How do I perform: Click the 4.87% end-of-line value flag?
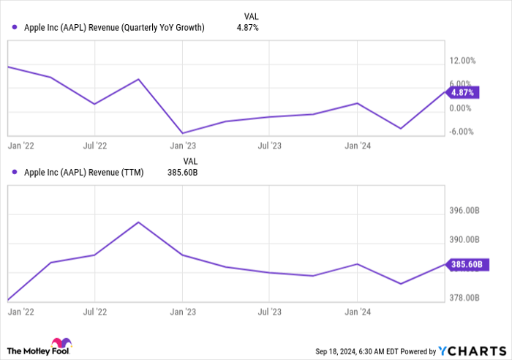click(463, 93)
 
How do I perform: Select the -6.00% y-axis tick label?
click(465, 132)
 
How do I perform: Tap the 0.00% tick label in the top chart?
click(465, 108)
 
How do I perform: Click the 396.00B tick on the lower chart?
click(466, 211)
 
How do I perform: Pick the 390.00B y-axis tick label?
click(466, 240)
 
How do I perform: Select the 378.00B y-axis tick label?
click(466, 298)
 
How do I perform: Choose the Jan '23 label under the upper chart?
click(182, 146)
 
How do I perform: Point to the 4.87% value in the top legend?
click(247, 28)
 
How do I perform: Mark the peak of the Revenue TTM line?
click(138, 222)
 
